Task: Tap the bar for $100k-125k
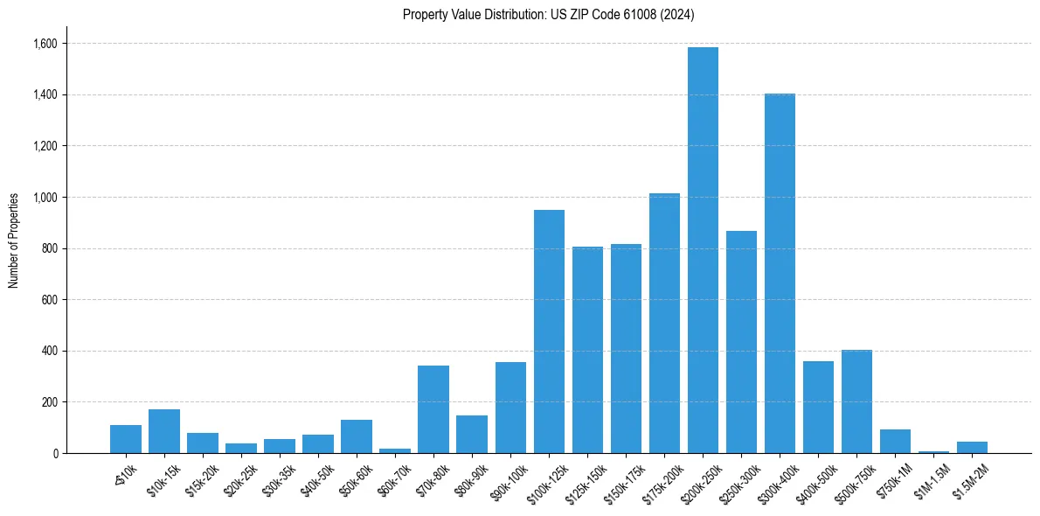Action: (x=549, y=331)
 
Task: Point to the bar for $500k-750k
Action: (x=856, y=401)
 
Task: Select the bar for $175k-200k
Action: (x=664, y=323)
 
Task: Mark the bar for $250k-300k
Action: (x=741, y=342)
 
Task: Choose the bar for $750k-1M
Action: (x=895, y=441)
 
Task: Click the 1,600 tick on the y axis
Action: (x=46, y=44)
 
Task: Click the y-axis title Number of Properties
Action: (x=14, y=241)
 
